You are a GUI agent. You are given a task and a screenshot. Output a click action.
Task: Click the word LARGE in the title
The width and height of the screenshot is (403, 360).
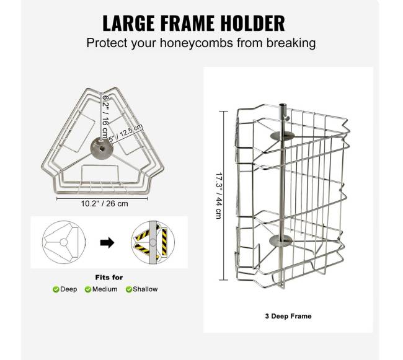[x=128, y=23]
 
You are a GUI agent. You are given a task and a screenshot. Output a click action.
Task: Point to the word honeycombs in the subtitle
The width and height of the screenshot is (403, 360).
[x=197, y=43]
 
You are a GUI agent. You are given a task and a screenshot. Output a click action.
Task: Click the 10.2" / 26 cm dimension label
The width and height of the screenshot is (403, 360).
[x=105, y=204]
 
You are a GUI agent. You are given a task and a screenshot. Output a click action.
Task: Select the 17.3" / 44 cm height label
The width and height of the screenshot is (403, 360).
[x=219, y=196]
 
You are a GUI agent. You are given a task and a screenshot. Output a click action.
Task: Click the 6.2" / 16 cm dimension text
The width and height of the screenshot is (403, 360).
[x=105, y=116]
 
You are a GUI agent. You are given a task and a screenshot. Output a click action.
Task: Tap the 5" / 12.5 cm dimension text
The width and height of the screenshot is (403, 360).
[x=126, y=133]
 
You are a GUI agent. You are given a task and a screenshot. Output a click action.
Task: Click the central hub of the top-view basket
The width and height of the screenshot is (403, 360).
[x=101, y=148]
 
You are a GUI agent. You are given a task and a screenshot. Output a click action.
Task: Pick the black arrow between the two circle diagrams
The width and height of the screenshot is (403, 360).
[x=107, y=242]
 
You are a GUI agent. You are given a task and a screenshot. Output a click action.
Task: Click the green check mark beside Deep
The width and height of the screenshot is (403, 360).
[x=56, y=289]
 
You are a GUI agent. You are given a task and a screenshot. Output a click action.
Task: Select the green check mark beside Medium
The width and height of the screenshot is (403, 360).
[x=88, y=289]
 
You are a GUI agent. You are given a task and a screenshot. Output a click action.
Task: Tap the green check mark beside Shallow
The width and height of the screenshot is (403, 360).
[x=129, y=289]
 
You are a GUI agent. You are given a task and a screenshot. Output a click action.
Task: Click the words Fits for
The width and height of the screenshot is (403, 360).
[x=109, y=278]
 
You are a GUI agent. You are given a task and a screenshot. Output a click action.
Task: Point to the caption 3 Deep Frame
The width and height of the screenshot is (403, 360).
[x=288, y=316]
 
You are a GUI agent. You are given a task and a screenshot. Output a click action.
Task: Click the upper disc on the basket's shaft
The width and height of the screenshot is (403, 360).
[x=283, y=136]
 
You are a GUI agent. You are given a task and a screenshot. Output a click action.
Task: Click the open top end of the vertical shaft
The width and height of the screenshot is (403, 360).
[x=282, y=105]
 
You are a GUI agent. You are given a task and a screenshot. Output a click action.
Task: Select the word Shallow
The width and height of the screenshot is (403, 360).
[x=145, y=289]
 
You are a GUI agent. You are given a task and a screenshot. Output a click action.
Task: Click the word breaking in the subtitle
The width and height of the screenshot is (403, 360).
[x=291, y=43]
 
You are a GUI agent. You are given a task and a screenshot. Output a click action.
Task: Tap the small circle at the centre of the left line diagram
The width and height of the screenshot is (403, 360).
[x=63, y=242]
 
